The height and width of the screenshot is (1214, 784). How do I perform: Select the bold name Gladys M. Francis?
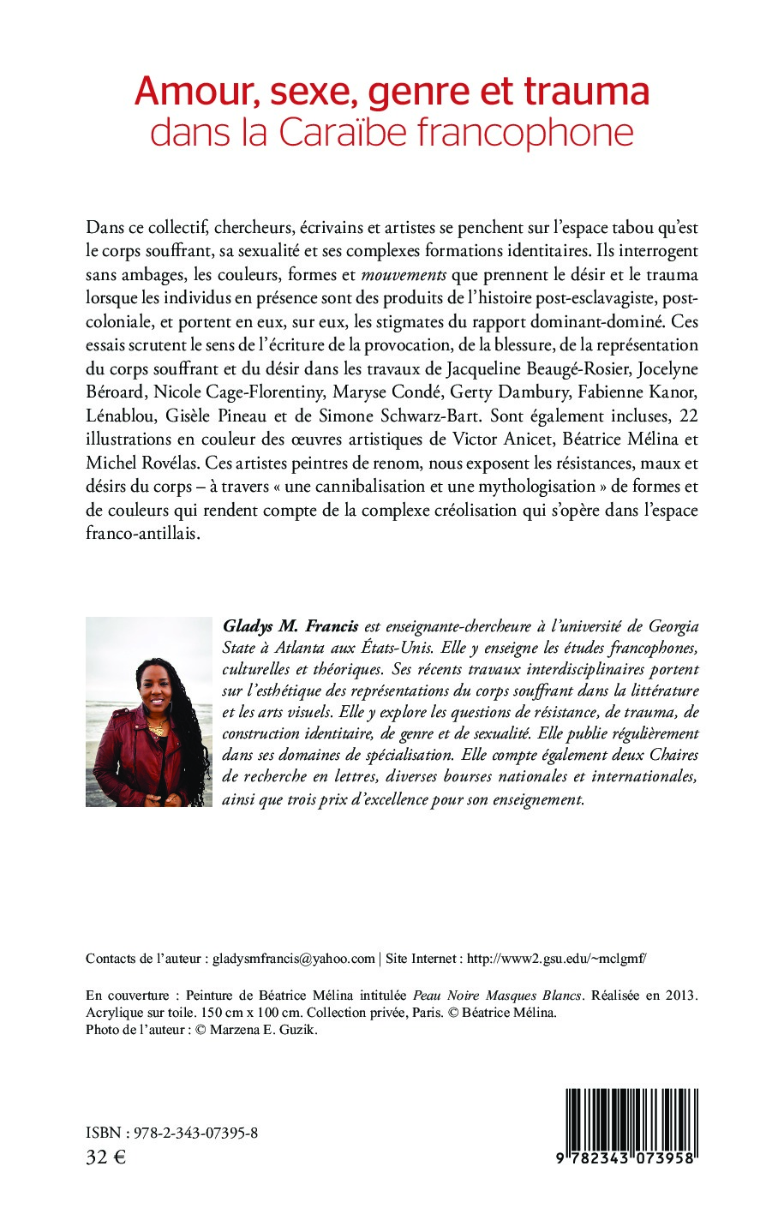click(x=290, y=626)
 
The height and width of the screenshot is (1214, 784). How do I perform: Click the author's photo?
click(x=149, y=711)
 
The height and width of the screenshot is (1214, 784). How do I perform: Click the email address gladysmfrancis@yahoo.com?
click(x=294, y=959)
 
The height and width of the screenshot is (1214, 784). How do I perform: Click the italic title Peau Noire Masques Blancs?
click(x=497, y=996)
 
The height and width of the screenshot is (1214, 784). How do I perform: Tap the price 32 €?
click(x=105, y=1157)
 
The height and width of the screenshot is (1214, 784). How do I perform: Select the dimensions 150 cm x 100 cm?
click(x=248, y=1013)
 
